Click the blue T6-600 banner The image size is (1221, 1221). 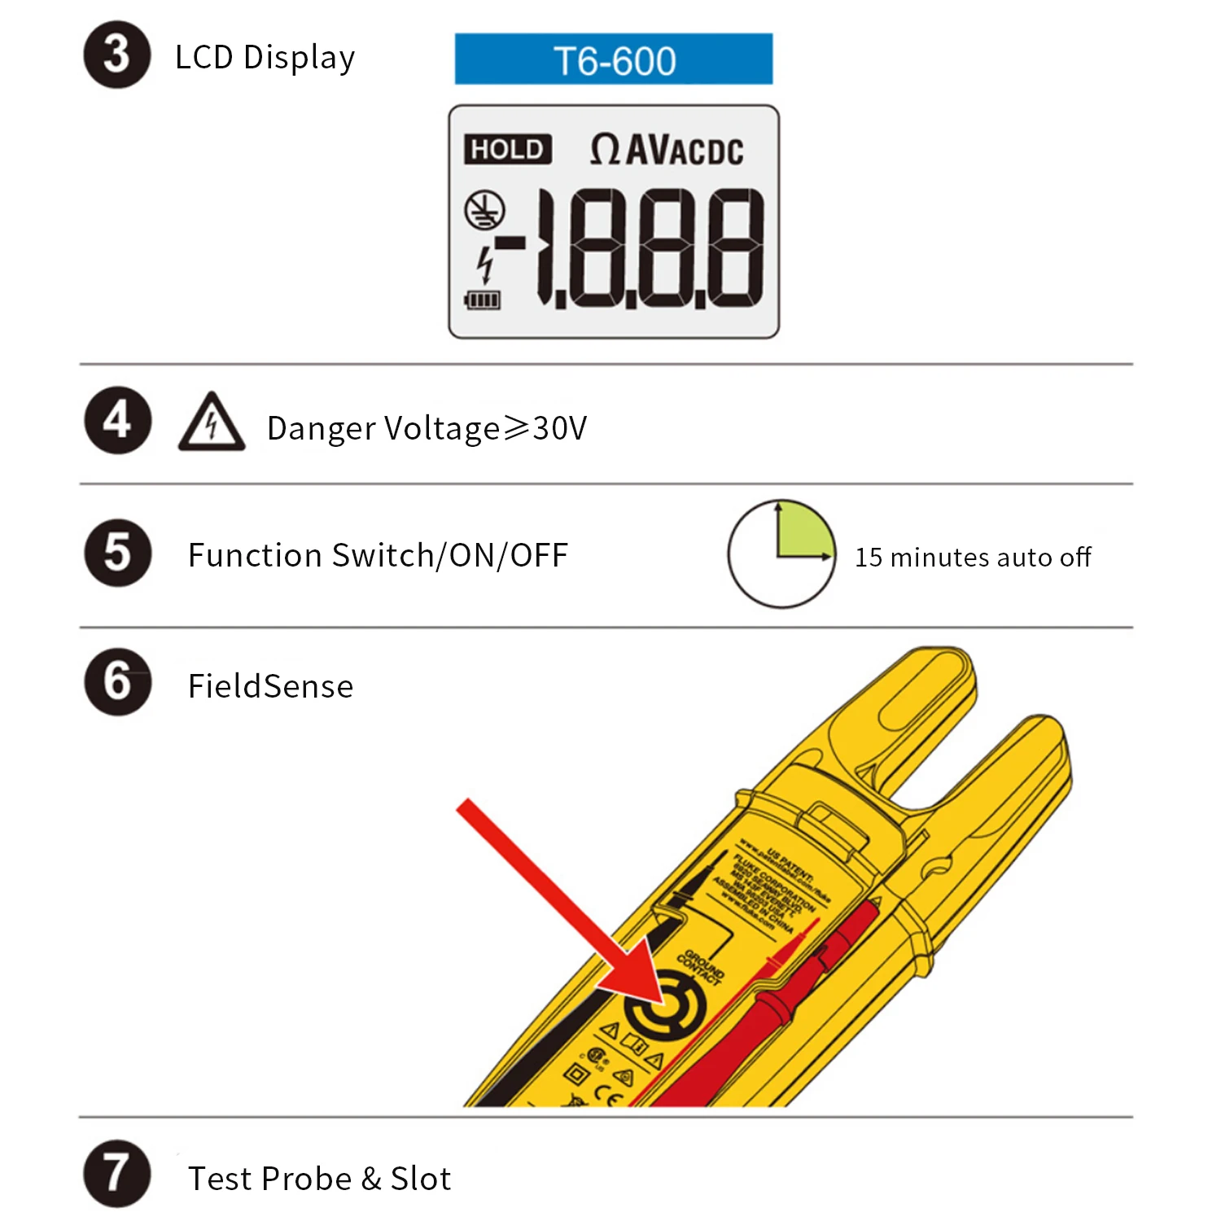click(x=613, y=59)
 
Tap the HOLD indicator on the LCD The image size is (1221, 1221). click(x=507, y=150)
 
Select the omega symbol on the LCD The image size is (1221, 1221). click(x=605, y=150)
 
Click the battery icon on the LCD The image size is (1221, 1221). click(x=482, y=301)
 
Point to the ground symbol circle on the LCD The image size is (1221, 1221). click(x=484, y=211)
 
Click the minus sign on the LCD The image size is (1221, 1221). click(x=510, y=243)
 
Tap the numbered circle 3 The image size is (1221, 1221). click(x=117, y=55)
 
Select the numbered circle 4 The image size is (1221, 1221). click(x=117, y=421)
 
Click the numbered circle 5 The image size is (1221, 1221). click(x=117, y=554)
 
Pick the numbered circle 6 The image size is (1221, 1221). click(x=117, y=682)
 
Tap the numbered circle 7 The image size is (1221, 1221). click(x=117, y=1174)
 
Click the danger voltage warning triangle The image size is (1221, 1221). click(x=212, y=424)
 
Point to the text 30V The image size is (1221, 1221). click(x=559, y=428)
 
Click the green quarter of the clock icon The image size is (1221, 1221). click(x=801, y=532)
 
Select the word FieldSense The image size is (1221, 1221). click(x=270, y=686)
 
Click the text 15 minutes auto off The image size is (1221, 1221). click(x=973, y=558)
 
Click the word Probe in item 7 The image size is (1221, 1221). click(x=310, y=1179)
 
